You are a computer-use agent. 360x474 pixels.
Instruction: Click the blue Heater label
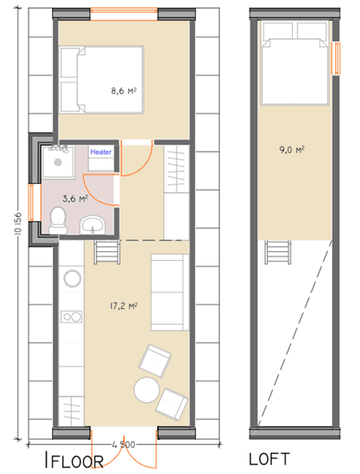[x=101, y=152]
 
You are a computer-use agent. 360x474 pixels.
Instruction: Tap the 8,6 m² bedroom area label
[x=124, y=91]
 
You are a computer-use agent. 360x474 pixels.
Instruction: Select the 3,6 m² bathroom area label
[x=75, y=198]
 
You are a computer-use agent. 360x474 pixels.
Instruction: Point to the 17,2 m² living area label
[x=123, y=307]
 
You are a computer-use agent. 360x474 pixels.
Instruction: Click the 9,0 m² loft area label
[x=292, y=149]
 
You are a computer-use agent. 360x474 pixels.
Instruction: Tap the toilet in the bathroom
[x=58, y=220]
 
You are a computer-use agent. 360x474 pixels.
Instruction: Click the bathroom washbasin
[x=92, y=225]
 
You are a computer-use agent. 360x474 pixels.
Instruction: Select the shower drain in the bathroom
[x=58, y=162]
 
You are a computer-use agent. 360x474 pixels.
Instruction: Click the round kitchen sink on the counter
[x=72, y=278]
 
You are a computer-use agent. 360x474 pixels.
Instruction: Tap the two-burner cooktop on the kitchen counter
[x=72, y=317]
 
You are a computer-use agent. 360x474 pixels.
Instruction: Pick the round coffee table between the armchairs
[x=147, y=389]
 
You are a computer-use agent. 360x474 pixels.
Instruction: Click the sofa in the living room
[x=170, y=292]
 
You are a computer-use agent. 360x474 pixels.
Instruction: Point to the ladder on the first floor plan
[x=107, y=253]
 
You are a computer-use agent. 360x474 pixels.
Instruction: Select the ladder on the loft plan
[x=279, y=253]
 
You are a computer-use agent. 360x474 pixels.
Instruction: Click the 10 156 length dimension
[x=18, y=223]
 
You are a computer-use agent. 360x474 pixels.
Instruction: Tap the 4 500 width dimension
[x=123, y=445]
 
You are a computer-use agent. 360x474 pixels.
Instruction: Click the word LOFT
[x=269, y=459]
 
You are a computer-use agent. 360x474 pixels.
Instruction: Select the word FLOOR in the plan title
[x=77, y=461]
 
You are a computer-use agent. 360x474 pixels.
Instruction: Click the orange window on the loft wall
[x=336, y=58]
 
